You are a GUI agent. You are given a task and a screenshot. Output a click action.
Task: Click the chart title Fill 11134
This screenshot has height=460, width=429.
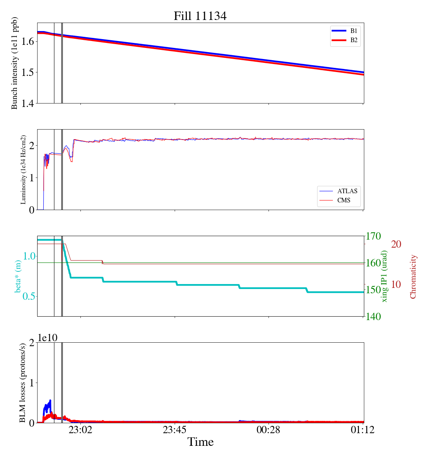pos(200,16)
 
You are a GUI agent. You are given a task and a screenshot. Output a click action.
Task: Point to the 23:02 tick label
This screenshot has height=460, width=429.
pos(80,430)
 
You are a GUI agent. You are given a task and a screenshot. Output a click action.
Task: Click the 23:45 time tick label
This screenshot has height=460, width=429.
pos(175,430)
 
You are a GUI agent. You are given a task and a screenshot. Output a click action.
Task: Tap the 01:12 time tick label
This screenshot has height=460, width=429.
pos(363,430)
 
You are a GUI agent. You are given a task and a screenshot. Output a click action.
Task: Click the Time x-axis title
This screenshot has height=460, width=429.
pos(200,442)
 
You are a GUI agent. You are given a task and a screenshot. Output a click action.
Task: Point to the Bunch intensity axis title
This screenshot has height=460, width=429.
pos(15,63)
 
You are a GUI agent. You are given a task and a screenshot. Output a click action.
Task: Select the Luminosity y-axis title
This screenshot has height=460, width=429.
pos(23,169)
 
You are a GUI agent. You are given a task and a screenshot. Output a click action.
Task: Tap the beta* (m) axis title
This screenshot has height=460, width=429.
pos(18,276)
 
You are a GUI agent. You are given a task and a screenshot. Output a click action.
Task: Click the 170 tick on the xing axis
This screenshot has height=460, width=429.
pos(374,236)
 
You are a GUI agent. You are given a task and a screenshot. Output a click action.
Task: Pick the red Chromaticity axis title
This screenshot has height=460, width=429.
pos(413,276)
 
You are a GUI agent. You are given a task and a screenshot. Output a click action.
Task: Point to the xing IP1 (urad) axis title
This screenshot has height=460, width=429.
pos(385,276)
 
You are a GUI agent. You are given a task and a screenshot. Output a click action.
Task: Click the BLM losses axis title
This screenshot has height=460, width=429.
pos(23,383)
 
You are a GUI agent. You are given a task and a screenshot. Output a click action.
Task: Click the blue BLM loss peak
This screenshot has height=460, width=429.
pos(50,401)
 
